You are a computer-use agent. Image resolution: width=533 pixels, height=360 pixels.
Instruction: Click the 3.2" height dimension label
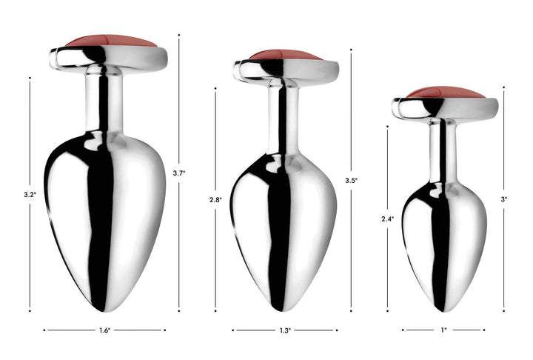pos(30,195)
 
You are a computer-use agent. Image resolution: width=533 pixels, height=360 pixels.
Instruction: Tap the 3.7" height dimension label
pos(179,173)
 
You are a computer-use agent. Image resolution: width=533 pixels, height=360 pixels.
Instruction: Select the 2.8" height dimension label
pos(215,200)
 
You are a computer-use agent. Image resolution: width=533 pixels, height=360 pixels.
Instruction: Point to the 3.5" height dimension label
pos(351,180)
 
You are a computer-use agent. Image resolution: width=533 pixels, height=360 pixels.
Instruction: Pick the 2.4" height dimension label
pos(387,219)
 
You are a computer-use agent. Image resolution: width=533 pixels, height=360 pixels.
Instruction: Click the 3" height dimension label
pos(504,199)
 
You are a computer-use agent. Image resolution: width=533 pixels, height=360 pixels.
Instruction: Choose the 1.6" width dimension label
pos(104,330)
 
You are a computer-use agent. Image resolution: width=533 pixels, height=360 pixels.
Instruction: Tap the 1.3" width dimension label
pos(285,330)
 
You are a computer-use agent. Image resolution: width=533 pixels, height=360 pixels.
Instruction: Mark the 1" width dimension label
pos(443,330)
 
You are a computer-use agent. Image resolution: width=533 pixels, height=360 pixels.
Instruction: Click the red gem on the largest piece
pos(111,41)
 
